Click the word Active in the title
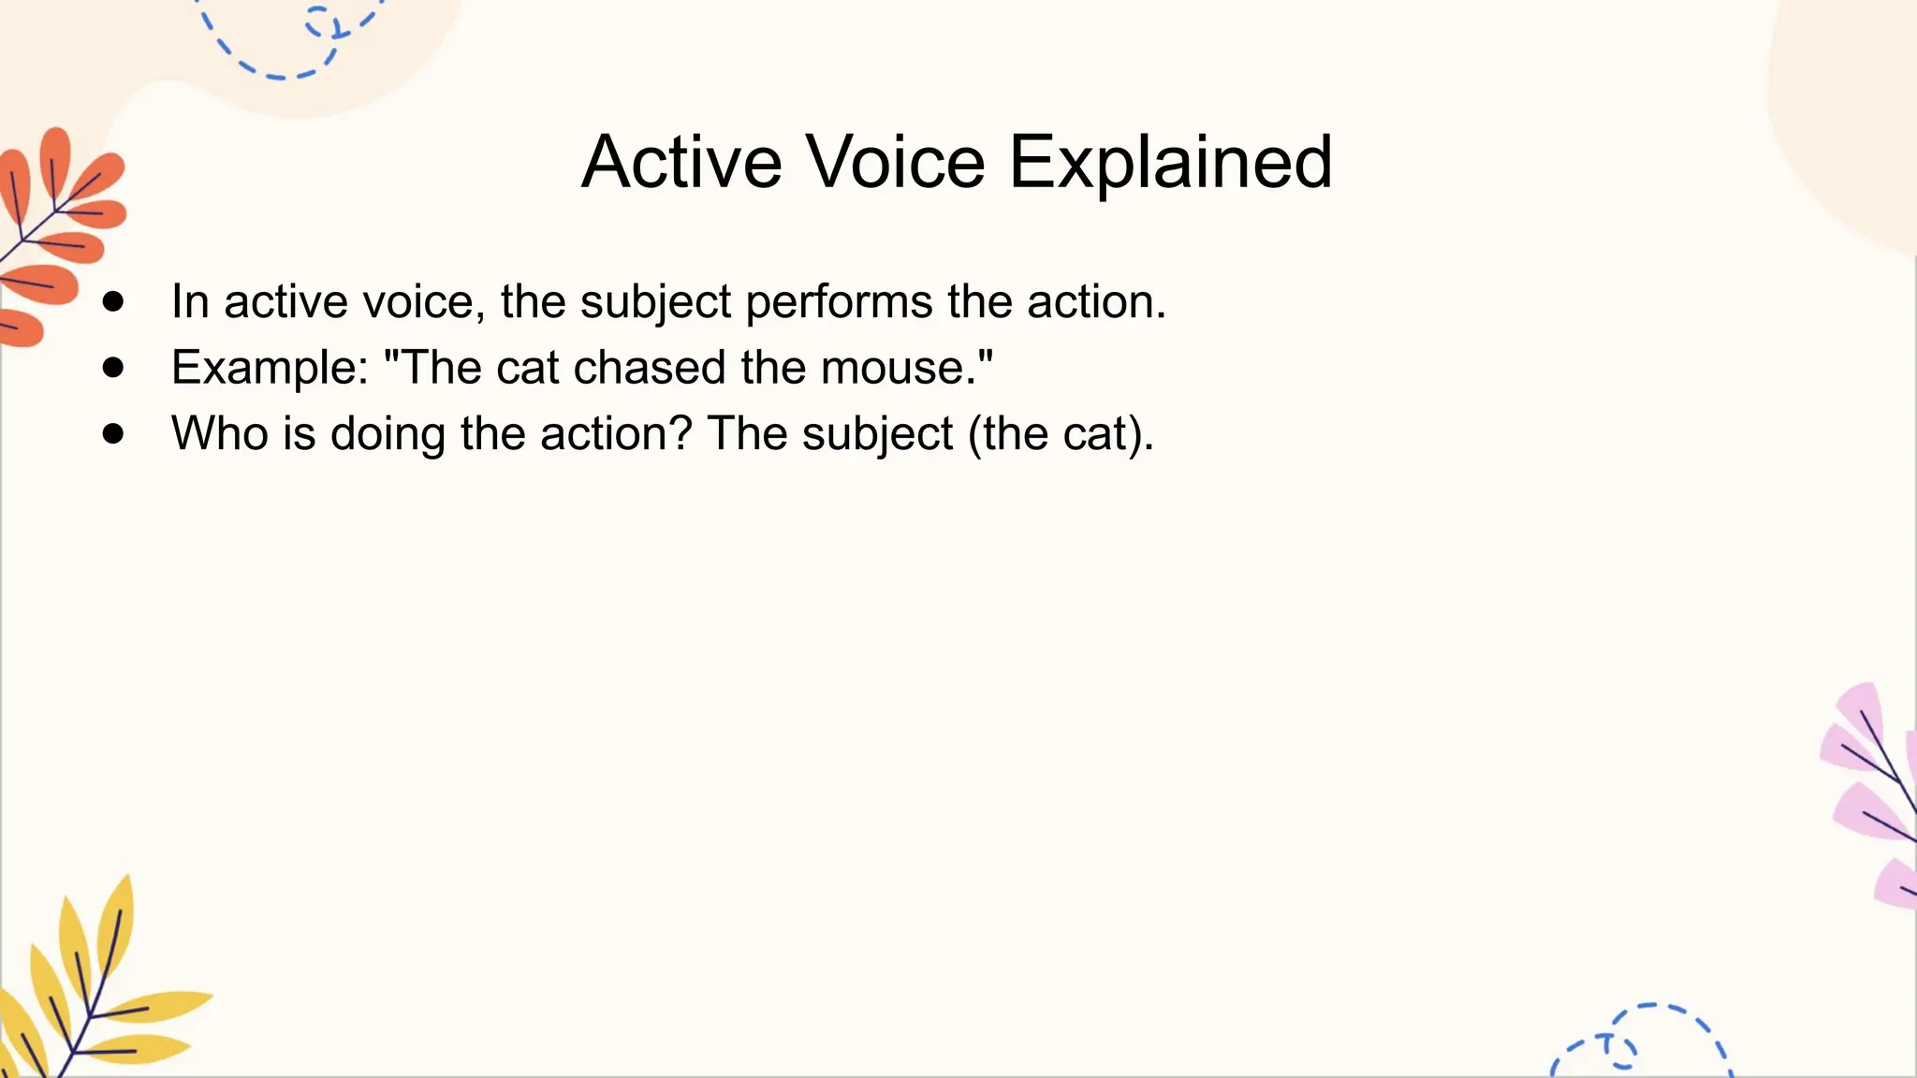tap(681, 162)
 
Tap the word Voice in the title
tap(896, 162)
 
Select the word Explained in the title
tap(1170, 162)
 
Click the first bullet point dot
tap(114, 301)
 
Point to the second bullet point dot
tap(114, 368)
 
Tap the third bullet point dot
tap(114, 433)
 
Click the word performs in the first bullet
tap(839, 302)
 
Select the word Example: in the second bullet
tap(271, 368)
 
